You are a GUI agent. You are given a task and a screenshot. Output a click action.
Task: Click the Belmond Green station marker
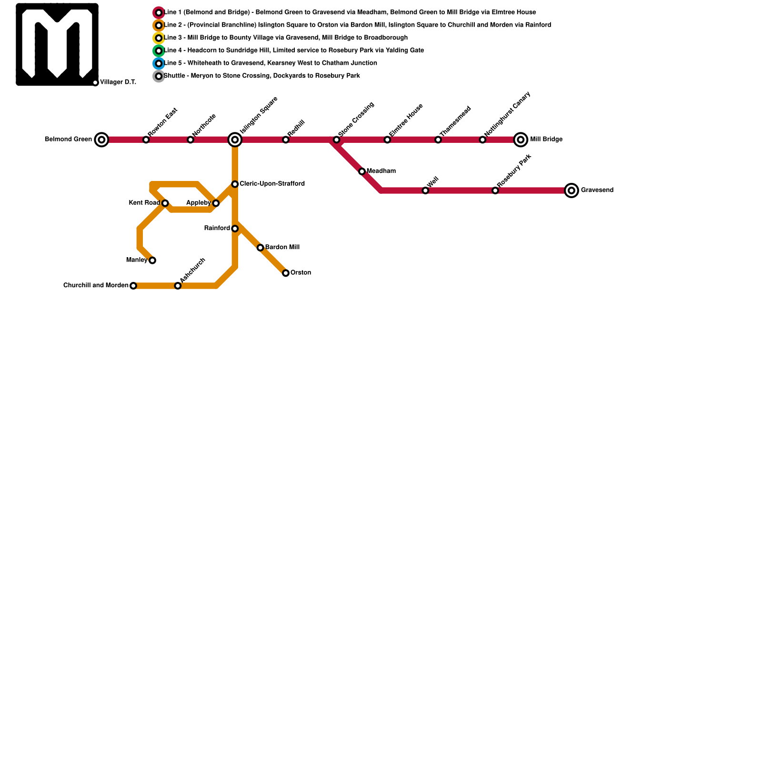click(x=101, y=140)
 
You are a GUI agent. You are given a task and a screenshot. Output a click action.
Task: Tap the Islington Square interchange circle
click(x=235, y=140)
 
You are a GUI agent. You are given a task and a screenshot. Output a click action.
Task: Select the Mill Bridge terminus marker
click(x=521, y=140)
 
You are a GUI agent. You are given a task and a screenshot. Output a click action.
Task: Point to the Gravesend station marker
click(x=571, y=190)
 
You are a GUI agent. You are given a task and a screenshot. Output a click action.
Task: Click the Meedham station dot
click(x=362, y=171)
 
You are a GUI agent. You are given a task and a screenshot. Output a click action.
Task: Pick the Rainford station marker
click(x=235, y=229)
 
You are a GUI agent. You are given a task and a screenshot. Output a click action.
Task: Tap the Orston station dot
click(x=286, y=273)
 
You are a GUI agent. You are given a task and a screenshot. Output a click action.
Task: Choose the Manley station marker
click(x=152, y=261)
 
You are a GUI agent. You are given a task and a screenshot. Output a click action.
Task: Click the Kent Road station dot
click(x=165, y=203)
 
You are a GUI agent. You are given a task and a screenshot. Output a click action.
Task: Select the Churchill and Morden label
click(x=96, y=286)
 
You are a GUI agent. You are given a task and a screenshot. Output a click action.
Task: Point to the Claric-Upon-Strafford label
click(x=272, y=184)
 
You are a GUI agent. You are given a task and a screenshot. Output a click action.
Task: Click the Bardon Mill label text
click(x=282, y=248)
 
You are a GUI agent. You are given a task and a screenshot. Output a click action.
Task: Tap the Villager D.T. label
click(x=118, y=82)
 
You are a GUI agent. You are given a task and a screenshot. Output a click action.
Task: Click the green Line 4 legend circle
click(x=159, y=51)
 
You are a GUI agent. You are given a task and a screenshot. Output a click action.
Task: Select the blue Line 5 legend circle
click(x=159, y=63)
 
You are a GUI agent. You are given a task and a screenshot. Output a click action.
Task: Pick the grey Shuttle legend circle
click(x=159, y=76)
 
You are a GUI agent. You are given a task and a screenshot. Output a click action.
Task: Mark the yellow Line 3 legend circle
click(x=159, y=38)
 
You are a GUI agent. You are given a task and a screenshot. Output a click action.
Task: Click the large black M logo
click(x=57, y=44)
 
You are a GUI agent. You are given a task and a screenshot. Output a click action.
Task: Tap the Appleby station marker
click(x=216, y=203)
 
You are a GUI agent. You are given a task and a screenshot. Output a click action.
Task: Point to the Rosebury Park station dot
click(x=495, y=190)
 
